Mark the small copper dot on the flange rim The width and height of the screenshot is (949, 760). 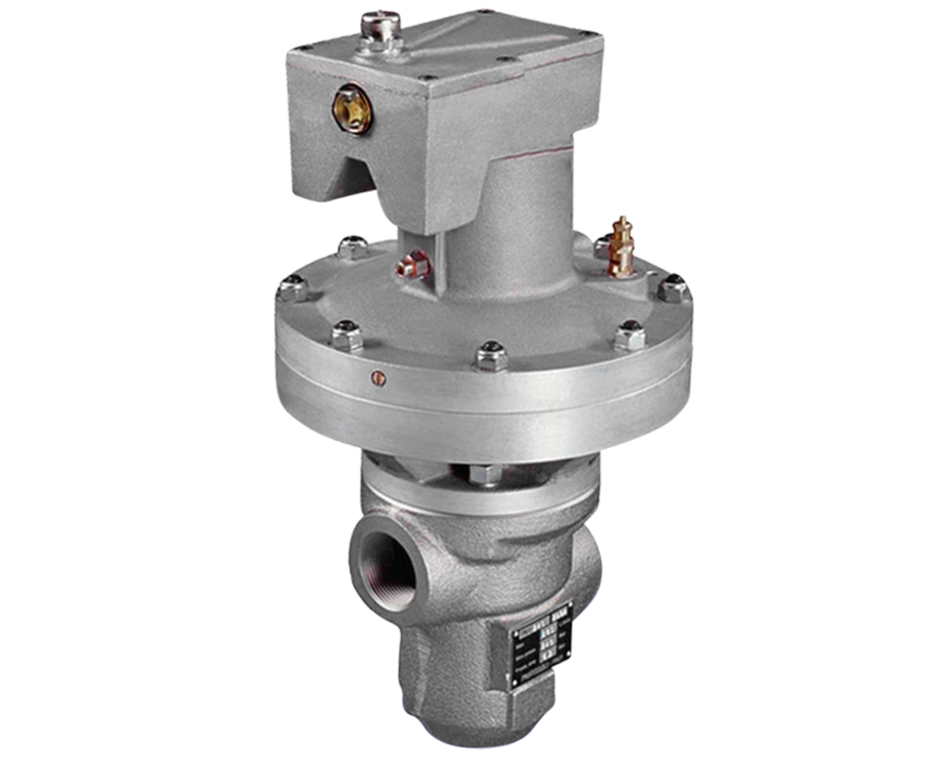pos(379,378)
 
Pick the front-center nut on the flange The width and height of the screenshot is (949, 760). pos(491,355)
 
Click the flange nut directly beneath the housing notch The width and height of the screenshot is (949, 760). pos(354,248)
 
